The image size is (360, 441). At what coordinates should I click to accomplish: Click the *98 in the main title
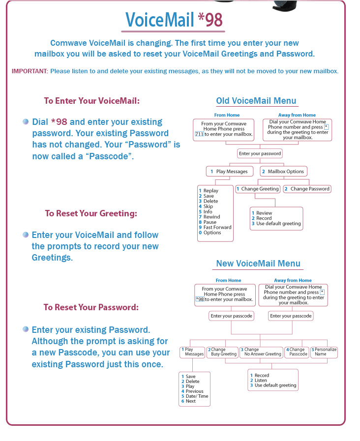210,20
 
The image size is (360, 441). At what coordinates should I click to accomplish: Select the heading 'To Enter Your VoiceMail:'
92,101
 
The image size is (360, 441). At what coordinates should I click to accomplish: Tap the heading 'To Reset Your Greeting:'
91,213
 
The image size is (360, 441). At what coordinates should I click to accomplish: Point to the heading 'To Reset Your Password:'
91,307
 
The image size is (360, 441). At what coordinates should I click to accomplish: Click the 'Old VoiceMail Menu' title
256,101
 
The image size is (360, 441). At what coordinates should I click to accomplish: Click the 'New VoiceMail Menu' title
258,264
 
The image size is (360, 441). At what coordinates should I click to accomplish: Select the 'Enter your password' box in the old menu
260,153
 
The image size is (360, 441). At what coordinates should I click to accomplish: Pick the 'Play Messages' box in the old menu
230,172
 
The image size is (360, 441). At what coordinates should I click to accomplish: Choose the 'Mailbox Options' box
283,172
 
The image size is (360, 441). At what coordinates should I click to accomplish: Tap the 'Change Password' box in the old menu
307,189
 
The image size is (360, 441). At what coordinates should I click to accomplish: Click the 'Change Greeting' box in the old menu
258,189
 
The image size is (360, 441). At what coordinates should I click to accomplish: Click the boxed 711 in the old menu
199,134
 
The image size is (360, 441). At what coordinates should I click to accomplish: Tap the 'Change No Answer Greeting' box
261,352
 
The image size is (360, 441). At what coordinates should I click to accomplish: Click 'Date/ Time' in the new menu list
197,396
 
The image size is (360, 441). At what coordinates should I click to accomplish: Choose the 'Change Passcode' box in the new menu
297,352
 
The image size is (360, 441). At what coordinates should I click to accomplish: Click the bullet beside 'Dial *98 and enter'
26,121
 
